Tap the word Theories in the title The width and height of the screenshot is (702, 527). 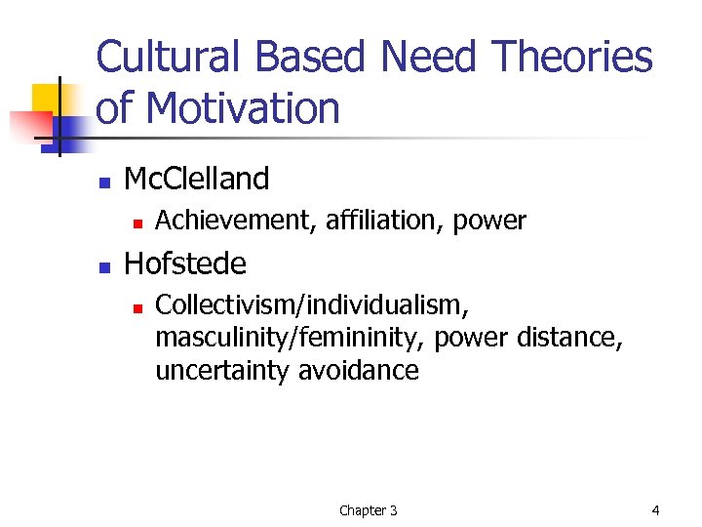coord(572,57)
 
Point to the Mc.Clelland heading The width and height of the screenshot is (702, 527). coord(197,179)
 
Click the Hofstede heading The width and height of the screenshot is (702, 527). coord(185,263)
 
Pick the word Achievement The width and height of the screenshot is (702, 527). coord(230,222)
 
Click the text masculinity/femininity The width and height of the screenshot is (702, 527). coord(290,338)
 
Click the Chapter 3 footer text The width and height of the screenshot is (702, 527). coord(368,510)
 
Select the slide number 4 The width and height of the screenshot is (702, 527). coord(655,509)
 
